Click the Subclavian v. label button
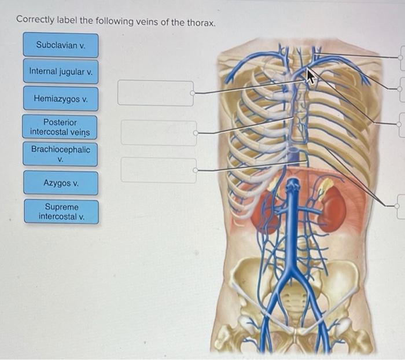click(60, 45)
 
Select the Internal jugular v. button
click(60, 72)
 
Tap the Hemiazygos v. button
click(60, 99)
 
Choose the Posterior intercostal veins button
click(60, 127)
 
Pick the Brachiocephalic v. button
click(60, 154)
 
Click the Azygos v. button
click(60, 183)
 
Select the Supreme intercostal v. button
click(60, 212)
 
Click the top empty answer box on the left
click(155, 93)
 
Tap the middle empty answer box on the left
click(157, 133)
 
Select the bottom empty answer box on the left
click(158, 170)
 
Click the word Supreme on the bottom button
click(61, 207)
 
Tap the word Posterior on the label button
click(60, 122)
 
